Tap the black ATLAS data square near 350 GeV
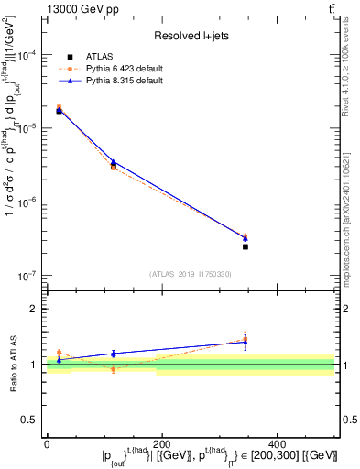pyautogui.click(x=245, y=246)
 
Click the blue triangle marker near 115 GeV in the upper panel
pyautogui.click(x=114, y=162)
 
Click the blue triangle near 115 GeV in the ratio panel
pyautogui.click(x=114, y=353)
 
